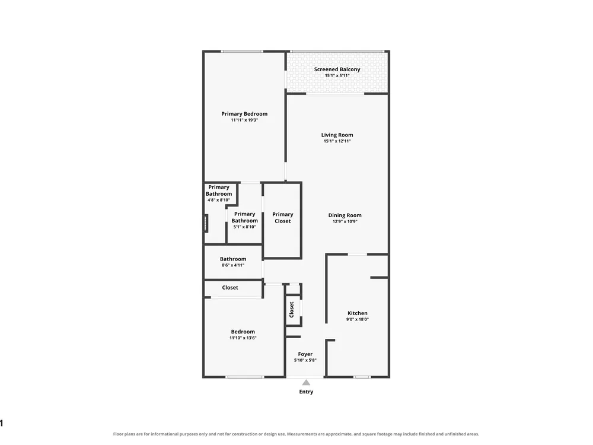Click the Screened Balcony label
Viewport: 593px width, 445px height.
pos(337,69)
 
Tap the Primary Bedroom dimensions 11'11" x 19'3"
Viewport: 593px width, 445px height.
pos(244,120)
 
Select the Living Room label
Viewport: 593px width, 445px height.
pos(337,135)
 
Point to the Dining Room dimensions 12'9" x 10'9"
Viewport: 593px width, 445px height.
pos(345,221)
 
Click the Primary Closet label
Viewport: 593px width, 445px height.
pos(282,218)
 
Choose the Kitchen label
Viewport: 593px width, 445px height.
pos(358,313)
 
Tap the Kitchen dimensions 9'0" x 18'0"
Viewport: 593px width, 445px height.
pos(358,319)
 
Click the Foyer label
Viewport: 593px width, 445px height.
pos(305,354)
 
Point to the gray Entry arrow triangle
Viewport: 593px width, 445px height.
pos(306,383)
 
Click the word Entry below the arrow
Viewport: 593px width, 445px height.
pos(306,392)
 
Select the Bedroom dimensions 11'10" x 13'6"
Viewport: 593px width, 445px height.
pos(243,338)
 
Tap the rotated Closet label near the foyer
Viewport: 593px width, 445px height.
pos(292,310)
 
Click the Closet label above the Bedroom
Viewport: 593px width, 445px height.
pos(230,288)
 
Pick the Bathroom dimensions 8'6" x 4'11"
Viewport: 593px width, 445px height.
pos(233,265)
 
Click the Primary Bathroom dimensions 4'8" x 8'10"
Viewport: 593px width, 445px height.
pos(219,200)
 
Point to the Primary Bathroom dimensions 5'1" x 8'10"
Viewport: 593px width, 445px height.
pos(244,227)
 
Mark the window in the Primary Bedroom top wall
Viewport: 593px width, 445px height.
pos(242,52)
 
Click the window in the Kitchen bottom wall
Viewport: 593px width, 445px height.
pos(362,377)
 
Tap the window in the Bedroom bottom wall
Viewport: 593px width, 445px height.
pos(245,377)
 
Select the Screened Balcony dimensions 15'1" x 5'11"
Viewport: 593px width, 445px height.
pos(337,76)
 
